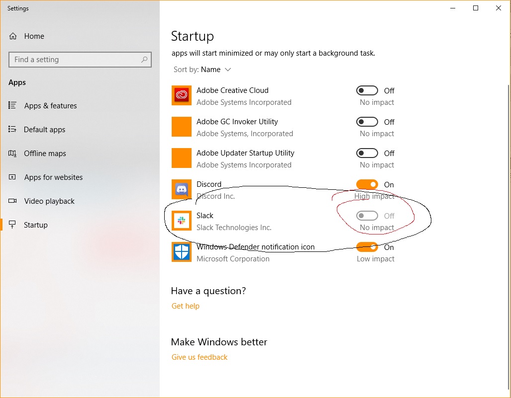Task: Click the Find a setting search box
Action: [80, 60]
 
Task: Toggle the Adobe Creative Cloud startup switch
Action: [367, 90]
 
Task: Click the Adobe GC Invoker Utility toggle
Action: [367, 122]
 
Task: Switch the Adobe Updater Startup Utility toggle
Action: [367, 153]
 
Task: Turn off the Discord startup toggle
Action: [367, 184]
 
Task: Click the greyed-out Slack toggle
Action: [367, 216]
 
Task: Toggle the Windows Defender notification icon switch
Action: [367, 247]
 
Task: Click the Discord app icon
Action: [182, 189]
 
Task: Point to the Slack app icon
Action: [182, 221]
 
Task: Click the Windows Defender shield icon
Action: [182, 252]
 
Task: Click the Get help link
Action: [186, 306]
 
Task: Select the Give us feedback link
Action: [200, 357]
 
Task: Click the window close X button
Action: [498, 8]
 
